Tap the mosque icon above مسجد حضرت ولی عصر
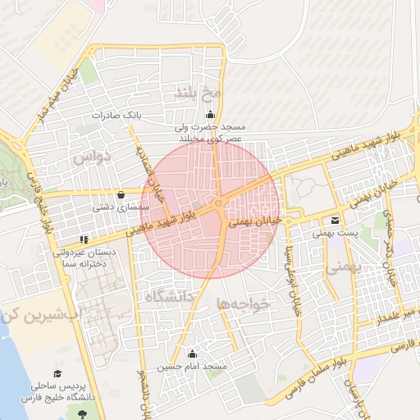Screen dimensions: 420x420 [x=212, y=114]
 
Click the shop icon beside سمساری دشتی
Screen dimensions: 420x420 [x=122, y=195]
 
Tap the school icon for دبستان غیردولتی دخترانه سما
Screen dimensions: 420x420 [x=84, y=240]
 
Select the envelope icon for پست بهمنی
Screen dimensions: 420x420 [x=335, y=221]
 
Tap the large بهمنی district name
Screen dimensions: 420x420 [x=342, y=267]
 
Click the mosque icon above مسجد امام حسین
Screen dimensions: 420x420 [x=193, y=354]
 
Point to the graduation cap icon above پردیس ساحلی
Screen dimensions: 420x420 [x=57, y=369]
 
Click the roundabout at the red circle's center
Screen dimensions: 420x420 [x=219, y=203]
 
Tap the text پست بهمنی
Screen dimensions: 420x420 [x=334, y=234]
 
